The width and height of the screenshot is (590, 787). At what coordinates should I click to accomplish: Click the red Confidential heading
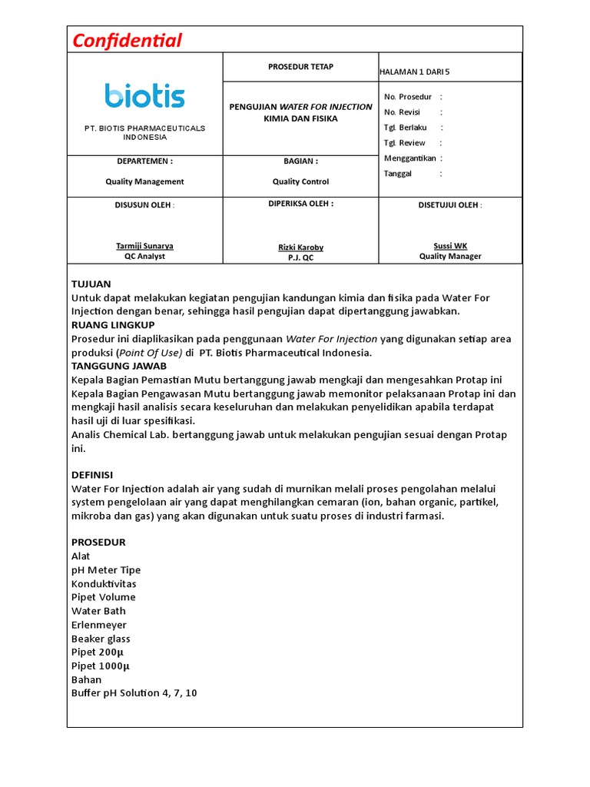pyautogui.click(x=127, y=41)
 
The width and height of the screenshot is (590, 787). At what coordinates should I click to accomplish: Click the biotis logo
pyautogui.click(x=145, y=96)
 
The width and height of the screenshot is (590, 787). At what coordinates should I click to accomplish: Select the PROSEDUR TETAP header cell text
pyautogui.click(x=300, y=67)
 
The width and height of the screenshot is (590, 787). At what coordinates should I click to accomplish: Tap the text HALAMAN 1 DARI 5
pyautogui.click(x=415, y=72)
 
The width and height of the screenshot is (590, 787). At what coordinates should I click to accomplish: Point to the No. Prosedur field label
pyautogui.click(x=408, y=97)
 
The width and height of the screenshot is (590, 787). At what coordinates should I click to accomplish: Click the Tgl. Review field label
pyautogui.click(x=404, y=143)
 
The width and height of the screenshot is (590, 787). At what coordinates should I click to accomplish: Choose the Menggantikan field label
pyautogui.click(x=409, y=158)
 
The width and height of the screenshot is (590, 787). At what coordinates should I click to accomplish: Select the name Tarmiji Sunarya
pyautogui.click(x=144, y=246)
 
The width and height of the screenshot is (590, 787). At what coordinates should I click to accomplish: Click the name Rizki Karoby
pyautogui.click(x=300, y=247)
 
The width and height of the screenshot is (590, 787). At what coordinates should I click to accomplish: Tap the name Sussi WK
pyautogui.click(x=450, y=246)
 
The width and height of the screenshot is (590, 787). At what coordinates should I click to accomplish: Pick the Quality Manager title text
pyautogui.click(x=450, y=257)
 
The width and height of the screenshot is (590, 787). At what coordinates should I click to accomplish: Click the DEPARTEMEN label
pyautogui.click(x=144, y=161)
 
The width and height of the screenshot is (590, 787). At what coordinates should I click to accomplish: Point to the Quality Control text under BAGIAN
pyautogui.click(x=300, y=182)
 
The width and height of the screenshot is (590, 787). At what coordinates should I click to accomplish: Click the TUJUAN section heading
pyautogui.click(x=91, y=284)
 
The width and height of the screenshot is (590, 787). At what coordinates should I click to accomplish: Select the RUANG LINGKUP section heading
pyautogui.click(x=113, y=325)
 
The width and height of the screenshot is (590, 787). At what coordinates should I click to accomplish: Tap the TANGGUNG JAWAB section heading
pyautogui.click(x=119, y=366)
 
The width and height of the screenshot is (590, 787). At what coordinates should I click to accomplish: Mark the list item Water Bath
pyautogui.click(x=98, y=611)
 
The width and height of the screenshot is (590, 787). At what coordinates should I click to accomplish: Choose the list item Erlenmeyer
pyautogui.click(x=99, y=625)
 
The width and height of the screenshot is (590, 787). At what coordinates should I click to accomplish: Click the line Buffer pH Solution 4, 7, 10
pyautogui.click(x=134, y=693)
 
